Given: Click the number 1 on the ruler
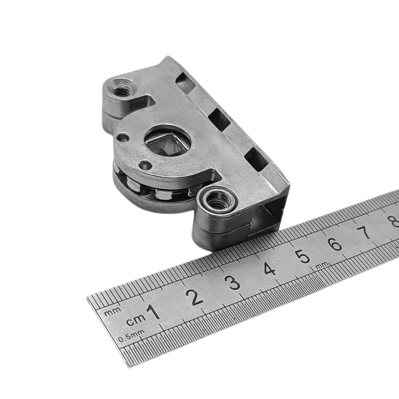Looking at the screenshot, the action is [x=154, y=312].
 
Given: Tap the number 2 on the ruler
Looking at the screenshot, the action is [x=194, y=297].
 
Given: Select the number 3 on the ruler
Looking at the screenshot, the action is [x=234, y=282].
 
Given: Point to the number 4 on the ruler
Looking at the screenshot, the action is [x=270, y=268].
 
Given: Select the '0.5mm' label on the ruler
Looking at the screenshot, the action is [x=131, y=336].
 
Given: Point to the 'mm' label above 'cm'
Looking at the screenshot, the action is [x=113, y=312].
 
